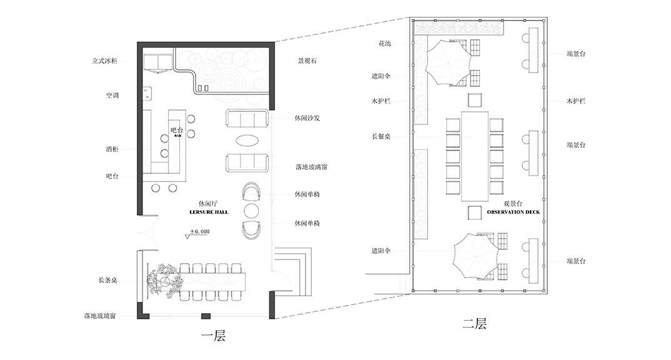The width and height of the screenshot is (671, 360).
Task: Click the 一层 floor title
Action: (213, 336)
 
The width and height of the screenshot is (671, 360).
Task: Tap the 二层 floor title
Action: (475, 323)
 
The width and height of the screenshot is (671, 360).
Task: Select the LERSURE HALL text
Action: (209, 212)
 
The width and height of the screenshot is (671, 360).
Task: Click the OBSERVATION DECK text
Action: (513, 212)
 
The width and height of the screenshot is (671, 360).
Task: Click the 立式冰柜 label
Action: (105, 61)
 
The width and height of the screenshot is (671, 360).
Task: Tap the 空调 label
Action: (112, 96)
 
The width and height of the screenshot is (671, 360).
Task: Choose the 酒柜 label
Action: (112, 149)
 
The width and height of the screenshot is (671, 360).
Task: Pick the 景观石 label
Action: (307, 61)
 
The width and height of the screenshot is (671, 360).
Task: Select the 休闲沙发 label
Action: (307, 117)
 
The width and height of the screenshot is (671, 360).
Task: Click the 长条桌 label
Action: (108, 281)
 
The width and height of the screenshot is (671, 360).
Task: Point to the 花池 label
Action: (385, 43)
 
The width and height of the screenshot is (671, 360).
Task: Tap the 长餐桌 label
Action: (381, 136)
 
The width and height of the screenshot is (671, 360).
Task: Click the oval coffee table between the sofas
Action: (247, 141)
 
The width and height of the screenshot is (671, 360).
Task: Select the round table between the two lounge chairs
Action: (251, 211)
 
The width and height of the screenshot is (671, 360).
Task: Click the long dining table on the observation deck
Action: (475, 156)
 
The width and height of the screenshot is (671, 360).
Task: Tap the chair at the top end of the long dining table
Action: (475, 100)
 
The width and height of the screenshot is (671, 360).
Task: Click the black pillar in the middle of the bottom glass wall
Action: (206, 316)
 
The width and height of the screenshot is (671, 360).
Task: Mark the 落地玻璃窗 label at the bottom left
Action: (100, 316)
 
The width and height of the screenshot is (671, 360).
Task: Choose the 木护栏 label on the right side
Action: (576, 101)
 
